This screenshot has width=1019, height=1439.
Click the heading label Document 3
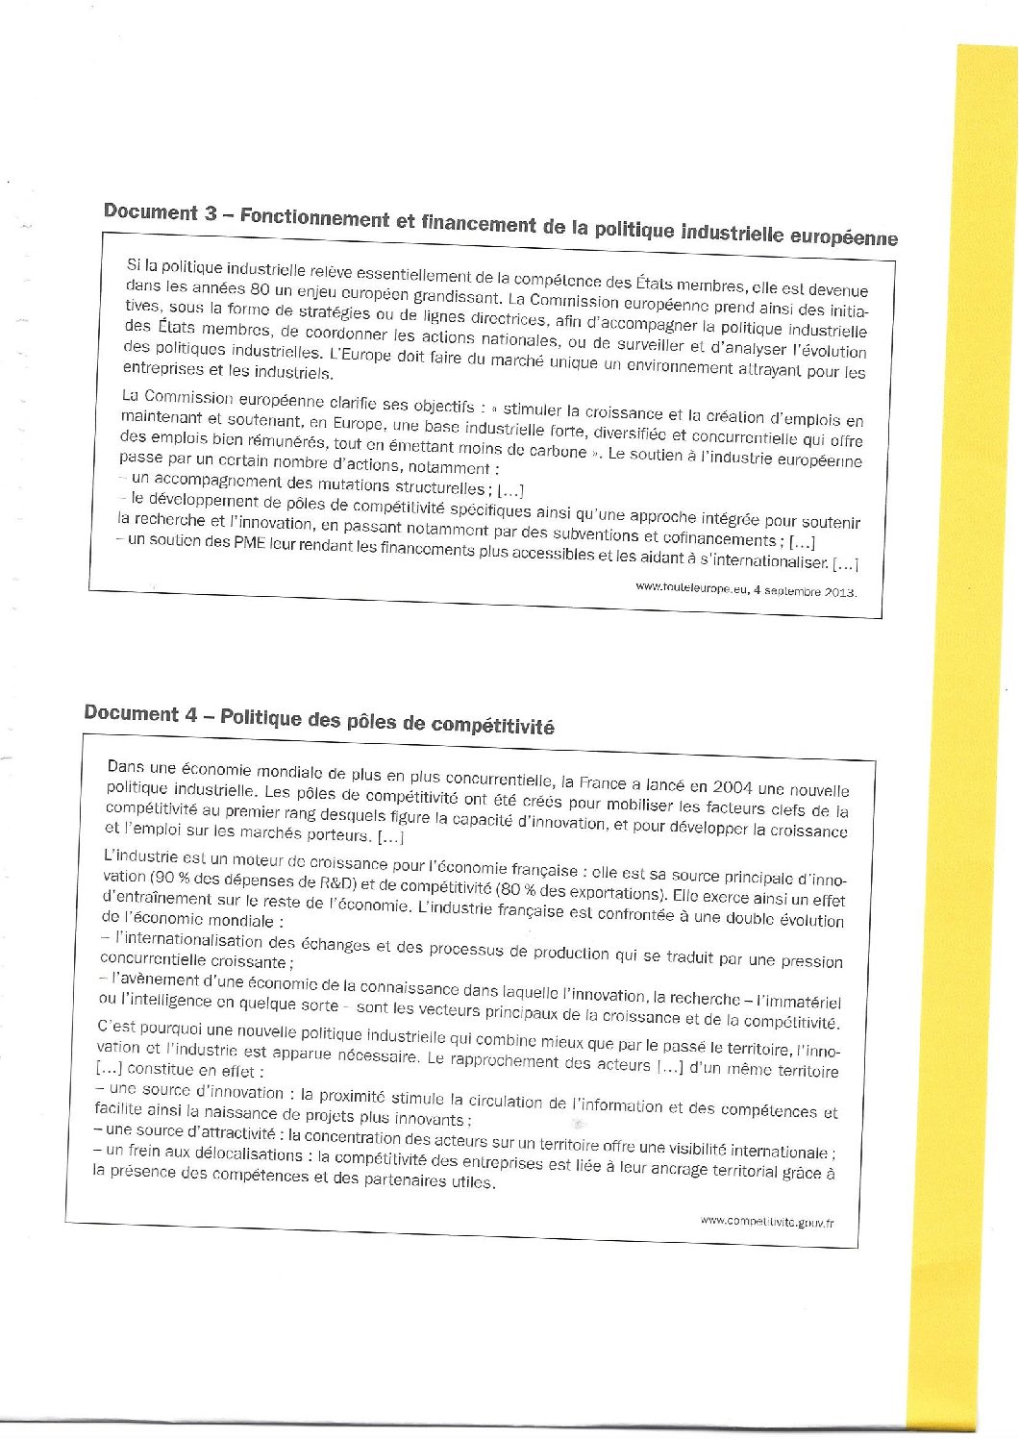(x=161, y=211)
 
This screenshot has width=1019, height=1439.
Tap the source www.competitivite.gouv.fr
(x=766, y=1222)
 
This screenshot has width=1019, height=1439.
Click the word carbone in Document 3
(x=556, y=451)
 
